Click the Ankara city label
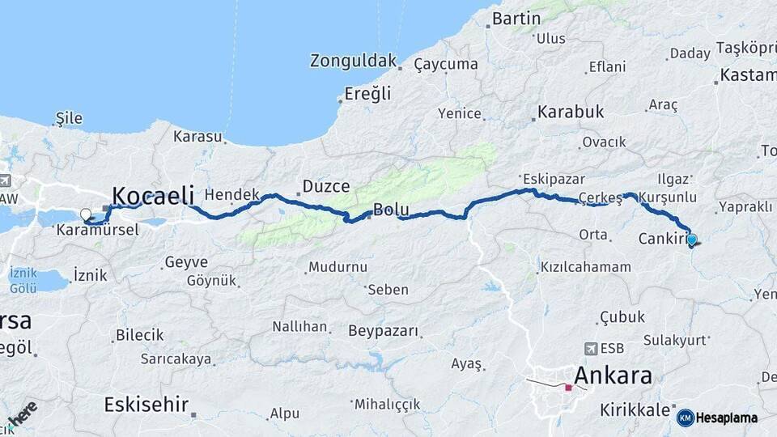tap(613, 375)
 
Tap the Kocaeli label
tap(153, 195)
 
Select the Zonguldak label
tap(353, 61)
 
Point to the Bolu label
tap(391, 210)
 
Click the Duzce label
tap(325, 187)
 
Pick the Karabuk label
tap(571, 112)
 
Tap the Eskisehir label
tap(146, 404)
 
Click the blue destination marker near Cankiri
tap(692, 240)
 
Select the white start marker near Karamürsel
tap(86, 214)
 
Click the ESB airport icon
tap(590, 348)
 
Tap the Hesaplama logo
tap(717, 418)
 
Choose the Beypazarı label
tap(384, 331)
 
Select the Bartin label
tap(516, 18)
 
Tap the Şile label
tap(69, 119)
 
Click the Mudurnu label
tap(338, 266)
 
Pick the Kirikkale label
tap(635, 410)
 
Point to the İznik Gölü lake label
tap(23, 281)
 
